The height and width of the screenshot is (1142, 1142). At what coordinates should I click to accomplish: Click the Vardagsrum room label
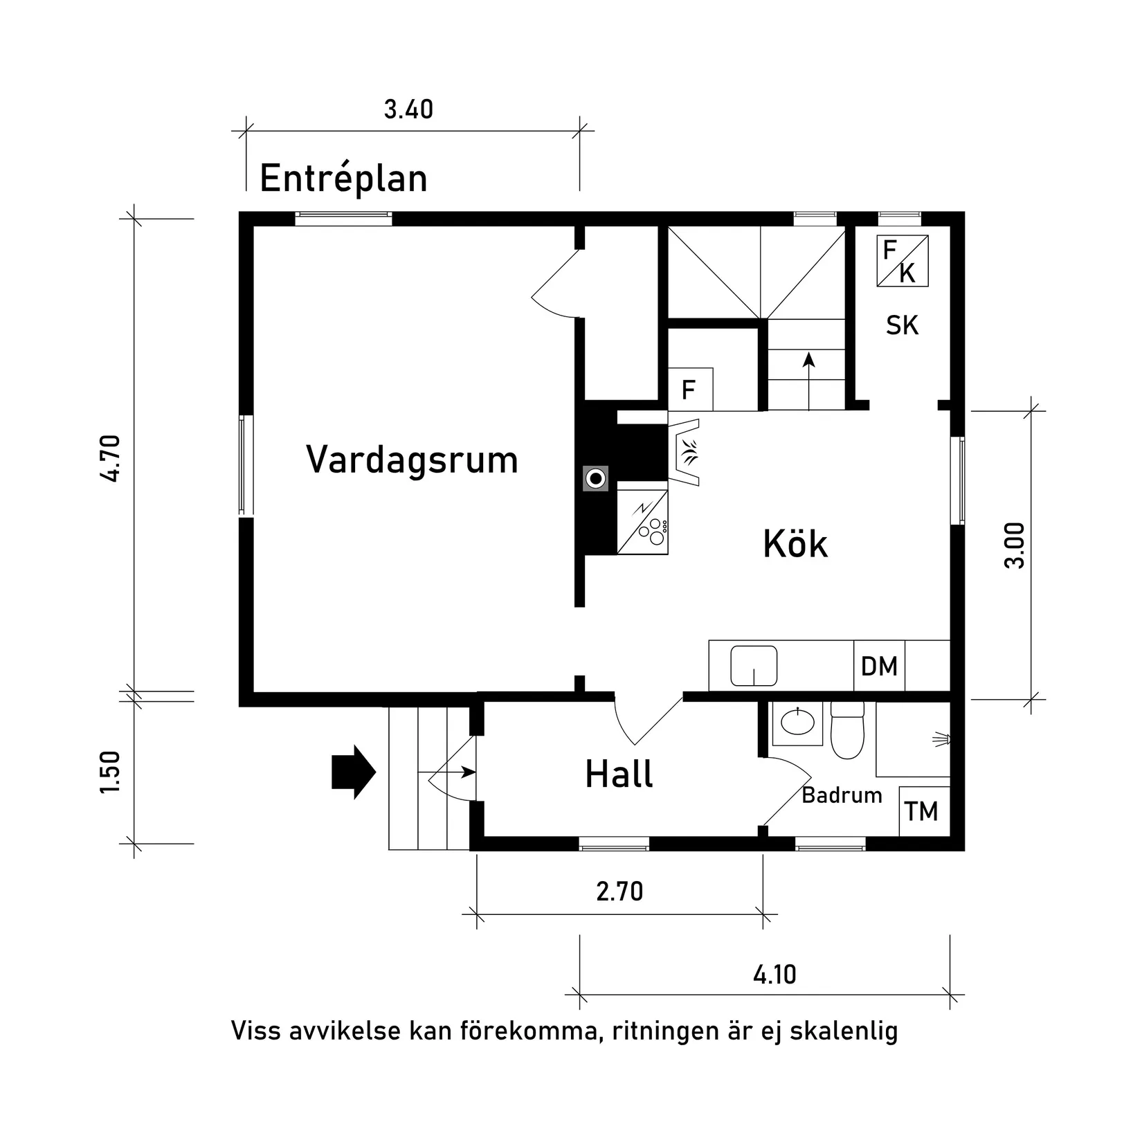pos(412,460)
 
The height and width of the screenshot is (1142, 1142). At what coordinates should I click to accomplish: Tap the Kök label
pos(795,544)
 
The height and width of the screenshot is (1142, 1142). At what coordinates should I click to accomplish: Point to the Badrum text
pos(842,795)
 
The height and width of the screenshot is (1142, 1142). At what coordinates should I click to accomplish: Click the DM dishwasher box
pos(879,666)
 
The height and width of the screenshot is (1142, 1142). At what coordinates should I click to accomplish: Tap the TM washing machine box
pos(923,810)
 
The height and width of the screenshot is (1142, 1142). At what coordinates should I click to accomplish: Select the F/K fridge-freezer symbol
pos(902,261)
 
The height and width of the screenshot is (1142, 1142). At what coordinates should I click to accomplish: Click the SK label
pos(902,325)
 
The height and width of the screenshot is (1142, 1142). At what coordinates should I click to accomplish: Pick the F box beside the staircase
pos(689,390)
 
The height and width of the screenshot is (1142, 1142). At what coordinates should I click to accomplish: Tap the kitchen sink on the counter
pos(753,666)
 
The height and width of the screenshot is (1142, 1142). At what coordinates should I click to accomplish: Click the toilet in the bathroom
pos(847,732)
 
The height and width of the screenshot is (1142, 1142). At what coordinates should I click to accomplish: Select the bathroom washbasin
pos(797,723)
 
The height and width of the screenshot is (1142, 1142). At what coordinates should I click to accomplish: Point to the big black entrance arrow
pos(353,772)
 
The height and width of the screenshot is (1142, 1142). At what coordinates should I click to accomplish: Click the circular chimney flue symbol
pos(595,478)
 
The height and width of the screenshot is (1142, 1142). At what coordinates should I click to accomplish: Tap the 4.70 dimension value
pos(111,457)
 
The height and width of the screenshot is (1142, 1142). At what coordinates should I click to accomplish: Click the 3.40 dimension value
pos(408,110)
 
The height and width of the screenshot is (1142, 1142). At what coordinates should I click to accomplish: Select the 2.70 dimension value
pos(619,891)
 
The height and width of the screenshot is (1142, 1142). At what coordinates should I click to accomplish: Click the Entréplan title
pos(343,179)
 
